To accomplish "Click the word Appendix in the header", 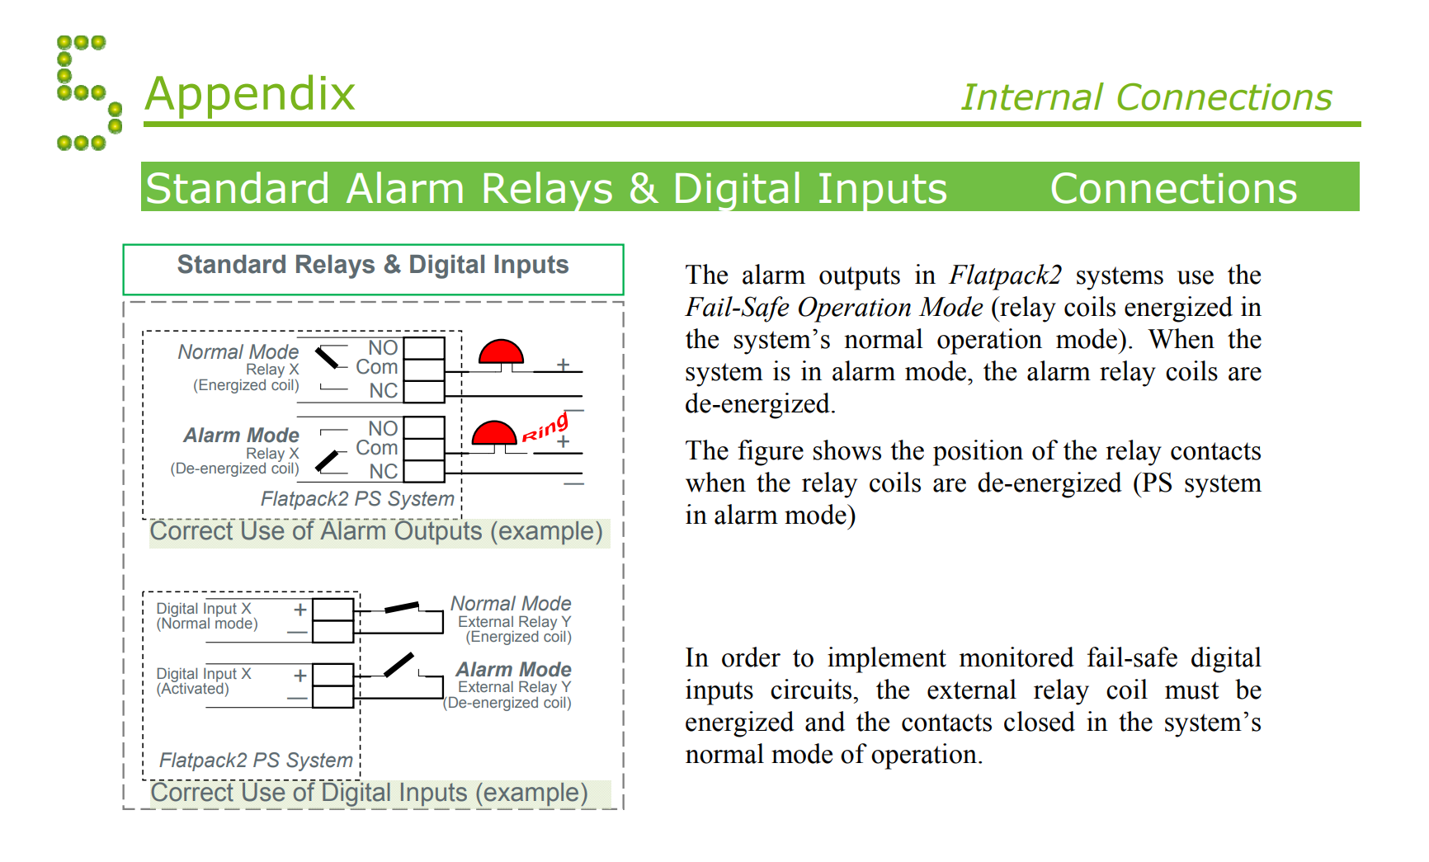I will (x=250, y=93).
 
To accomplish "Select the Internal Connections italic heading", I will (x=1146, y=97).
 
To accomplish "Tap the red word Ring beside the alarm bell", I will (x=545, y=428).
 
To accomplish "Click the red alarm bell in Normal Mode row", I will (x=501, y=352).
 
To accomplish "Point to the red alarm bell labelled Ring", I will (x=493, y=434).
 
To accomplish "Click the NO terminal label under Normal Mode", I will (x=383, y=347).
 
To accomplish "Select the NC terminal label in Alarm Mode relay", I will (x=383, y=471).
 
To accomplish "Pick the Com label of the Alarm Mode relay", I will (x=376, y=448).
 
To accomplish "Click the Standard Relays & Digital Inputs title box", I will (x=373, y=268).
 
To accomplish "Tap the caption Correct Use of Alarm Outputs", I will (x=376, y=531).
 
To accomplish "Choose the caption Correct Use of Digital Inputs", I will (x=369, y=793).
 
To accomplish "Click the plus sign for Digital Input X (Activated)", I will (x=300, y=675).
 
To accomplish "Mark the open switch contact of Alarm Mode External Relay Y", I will (x=399, y=664).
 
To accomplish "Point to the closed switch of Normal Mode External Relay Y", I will (x=402, y=608).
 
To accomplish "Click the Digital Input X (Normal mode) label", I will (x=207, y=615).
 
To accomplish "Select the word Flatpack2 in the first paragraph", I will (x=1005, y=275).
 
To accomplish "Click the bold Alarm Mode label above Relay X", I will (x=241, y=435).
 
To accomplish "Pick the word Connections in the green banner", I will (x=1173, y=188).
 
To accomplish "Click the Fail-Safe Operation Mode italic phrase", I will (x=834, y=307).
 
